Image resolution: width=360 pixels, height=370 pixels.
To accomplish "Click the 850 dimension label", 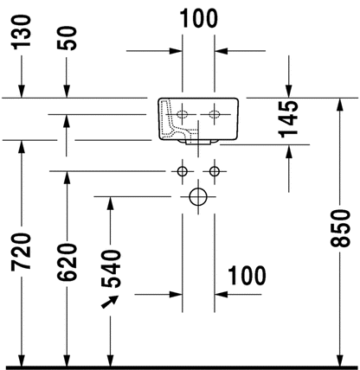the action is [x=340, y=228].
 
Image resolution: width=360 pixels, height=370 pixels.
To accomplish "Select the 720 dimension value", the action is [x=21, y=252].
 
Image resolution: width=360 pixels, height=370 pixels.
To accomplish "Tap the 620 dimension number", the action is [x=67, y=262].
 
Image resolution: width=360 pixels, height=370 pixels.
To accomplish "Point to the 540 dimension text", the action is [x=111, y=269].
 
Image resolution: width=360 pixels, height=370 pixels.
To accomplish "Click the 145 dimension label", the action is [x=288, y=119].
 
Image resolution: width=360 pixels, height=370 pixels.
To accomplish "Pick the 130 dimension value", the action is [x=21, y=31].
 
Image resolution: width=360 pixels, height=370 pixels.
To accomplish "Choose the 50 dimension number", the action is [x=67, y=38].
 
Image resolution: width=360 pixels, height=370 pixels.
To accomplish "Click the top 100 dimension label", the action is [x=199, y=18].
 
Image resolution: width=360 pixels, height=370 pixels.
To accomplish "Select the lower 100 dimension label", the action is [x=247, y=276].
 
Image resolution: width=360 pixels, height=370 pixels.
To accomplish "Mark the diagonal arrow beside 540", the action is [x=110, y=302].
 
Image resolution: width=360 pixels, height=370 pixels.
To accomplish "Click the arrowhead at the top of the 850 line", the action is [x=340, y=104].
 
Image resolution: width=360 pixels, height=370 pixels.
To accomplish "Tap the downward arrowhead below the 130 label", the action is [x=21, y=92].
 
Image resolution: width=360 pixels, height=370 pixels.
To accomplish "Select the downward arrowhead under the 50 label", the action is [x=67, y=92].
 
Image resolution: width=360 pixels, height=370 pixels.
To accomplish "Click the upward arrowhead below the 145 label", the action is [x=289, y=150].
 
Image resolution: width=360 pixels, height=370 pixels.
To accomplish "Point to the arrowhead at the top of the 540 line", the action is [x=110, y=203].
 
